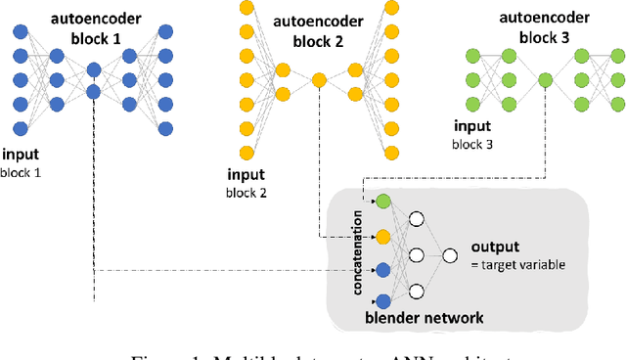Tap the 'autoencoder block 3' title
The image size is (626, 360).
click(x=544, y=27)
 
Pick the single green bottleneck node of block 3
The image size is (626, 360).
click(x=545, y=84)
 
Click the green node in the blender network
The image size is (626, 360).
click(x=382, y=202)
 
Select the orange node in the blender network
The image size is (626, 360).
click(x=382, y=236)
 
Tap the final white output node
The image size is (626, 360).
click(x=450, y=255)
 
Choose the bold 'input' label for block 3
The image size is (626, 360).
click(x=472, y=126)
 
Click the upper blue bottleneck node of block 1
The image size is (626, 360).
click(x=94, y=69)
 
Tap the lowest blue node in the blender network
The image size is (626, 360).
click(x=382, y=301)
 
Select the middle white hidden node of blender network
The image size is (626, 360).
click(x=415, y=255)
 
